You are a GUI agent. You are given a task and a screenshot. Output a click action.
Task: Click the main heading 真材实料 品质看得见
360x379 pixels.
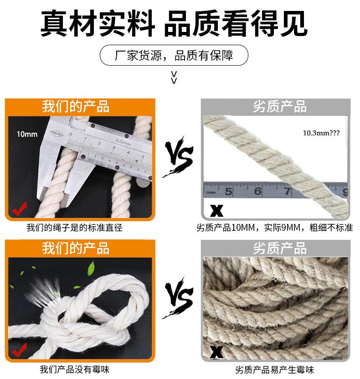(x=174, y=24)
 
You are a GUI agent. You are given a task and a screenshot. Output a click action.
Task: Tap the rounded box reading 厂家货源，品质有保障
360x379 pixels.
(x=174, y=56)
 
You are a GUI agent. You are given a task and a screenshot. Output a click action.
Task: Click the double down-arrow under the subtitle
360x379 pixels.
(x=174, y=78)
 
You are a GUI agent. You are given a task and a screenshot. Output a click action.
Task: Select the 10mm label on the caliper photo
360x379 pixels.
(x=27, y=134)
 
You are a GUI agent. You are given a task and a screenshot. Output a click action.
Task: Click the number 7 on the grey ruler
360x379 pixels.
(x=288, y=192)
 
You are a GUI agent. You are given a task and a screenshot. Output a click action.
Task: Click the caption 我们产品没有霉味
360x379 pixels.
(x=75, y=369)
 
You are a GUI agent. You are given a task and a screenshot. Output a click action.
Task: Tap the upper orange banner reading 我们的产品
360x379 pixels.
(x=76, y=106)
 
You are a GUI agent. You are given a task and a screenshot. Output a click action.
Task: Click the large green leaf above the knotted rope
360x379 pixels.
(x=90, y=265)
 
